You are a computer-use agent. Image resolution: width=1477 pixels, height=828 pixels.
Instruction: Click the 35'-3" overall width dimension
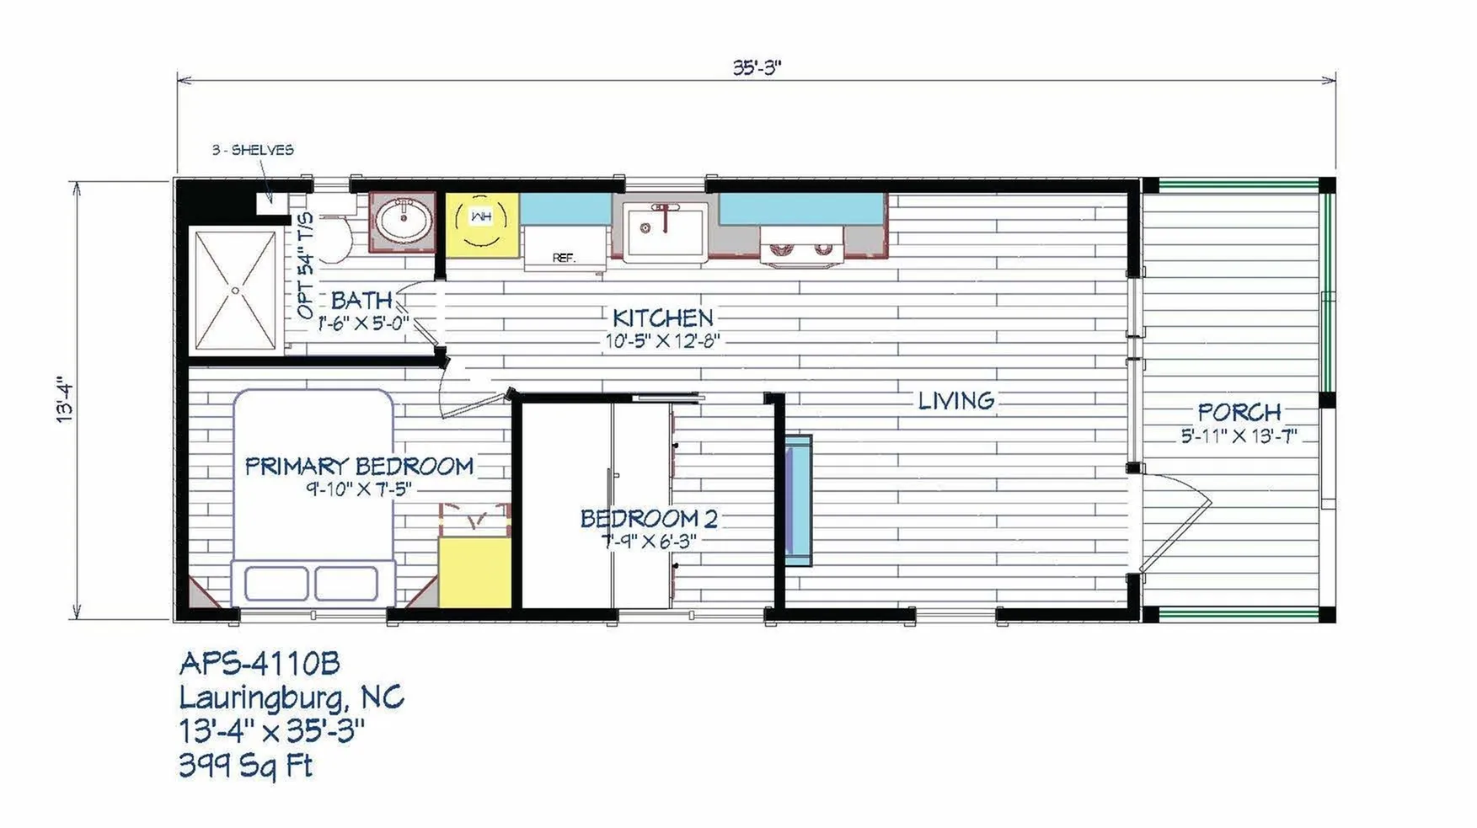(x=757, y=67)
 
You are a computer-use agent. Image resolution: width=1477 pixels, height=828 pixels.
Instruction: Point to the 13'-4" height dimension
(x=66, y=399)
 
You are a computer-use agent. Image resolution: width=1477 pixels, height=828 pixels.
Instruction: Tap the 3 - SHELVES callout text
(x=253, y=150)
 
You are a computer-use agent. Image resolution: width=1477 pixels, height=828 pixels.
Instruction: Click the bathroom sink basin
(x=404, y=221)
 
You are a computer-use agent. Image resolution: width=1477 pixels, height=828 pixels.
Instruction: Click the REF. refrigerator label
(x=563, y=257)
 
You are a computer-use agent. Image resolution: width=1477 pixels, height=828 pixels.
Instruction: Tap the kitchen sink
(x=666, y=232)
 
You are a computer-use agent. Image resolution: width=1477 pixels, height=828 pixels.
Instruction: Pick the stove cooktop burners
(x=801, y=248)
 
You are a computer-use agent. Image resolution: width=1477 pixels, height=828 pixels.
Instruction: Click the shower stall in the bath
(x=236, y=291)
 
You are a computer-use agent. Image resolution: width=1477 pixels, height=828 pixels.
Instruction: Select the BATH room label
(x=361, y=299)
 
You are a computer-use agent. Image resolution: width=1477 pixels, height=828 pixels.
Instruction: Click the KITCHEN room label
(x=662, y=318)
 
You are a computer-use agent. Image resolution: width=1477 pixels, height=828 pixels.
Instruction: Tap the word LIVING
(x=956, y=400)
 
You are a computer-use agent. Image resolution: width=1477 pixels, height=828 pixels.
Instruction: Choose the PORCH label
(x=1239, y=412)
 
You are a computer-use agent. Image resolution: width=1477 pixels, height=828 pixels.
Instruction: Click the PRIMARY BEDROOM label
(x=359, y=466)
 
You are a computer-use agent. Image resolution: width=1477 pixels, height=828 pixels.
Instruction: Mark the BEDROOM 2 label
(x=649, y=518)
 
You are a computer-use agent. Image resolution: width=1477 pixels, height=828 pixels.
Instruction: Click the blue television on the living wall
(x=798, y=501)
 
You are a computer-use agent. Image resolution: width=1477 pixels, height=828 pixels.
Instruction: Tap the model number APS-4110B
(x=260, y=664)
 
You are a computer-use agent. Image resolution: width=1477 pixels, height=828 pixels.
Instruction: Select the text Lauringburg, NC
(x=292, y=697)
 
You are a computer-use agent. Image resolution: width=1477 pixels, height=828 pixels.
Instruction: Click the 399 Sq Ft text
(x=246, y=765)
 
